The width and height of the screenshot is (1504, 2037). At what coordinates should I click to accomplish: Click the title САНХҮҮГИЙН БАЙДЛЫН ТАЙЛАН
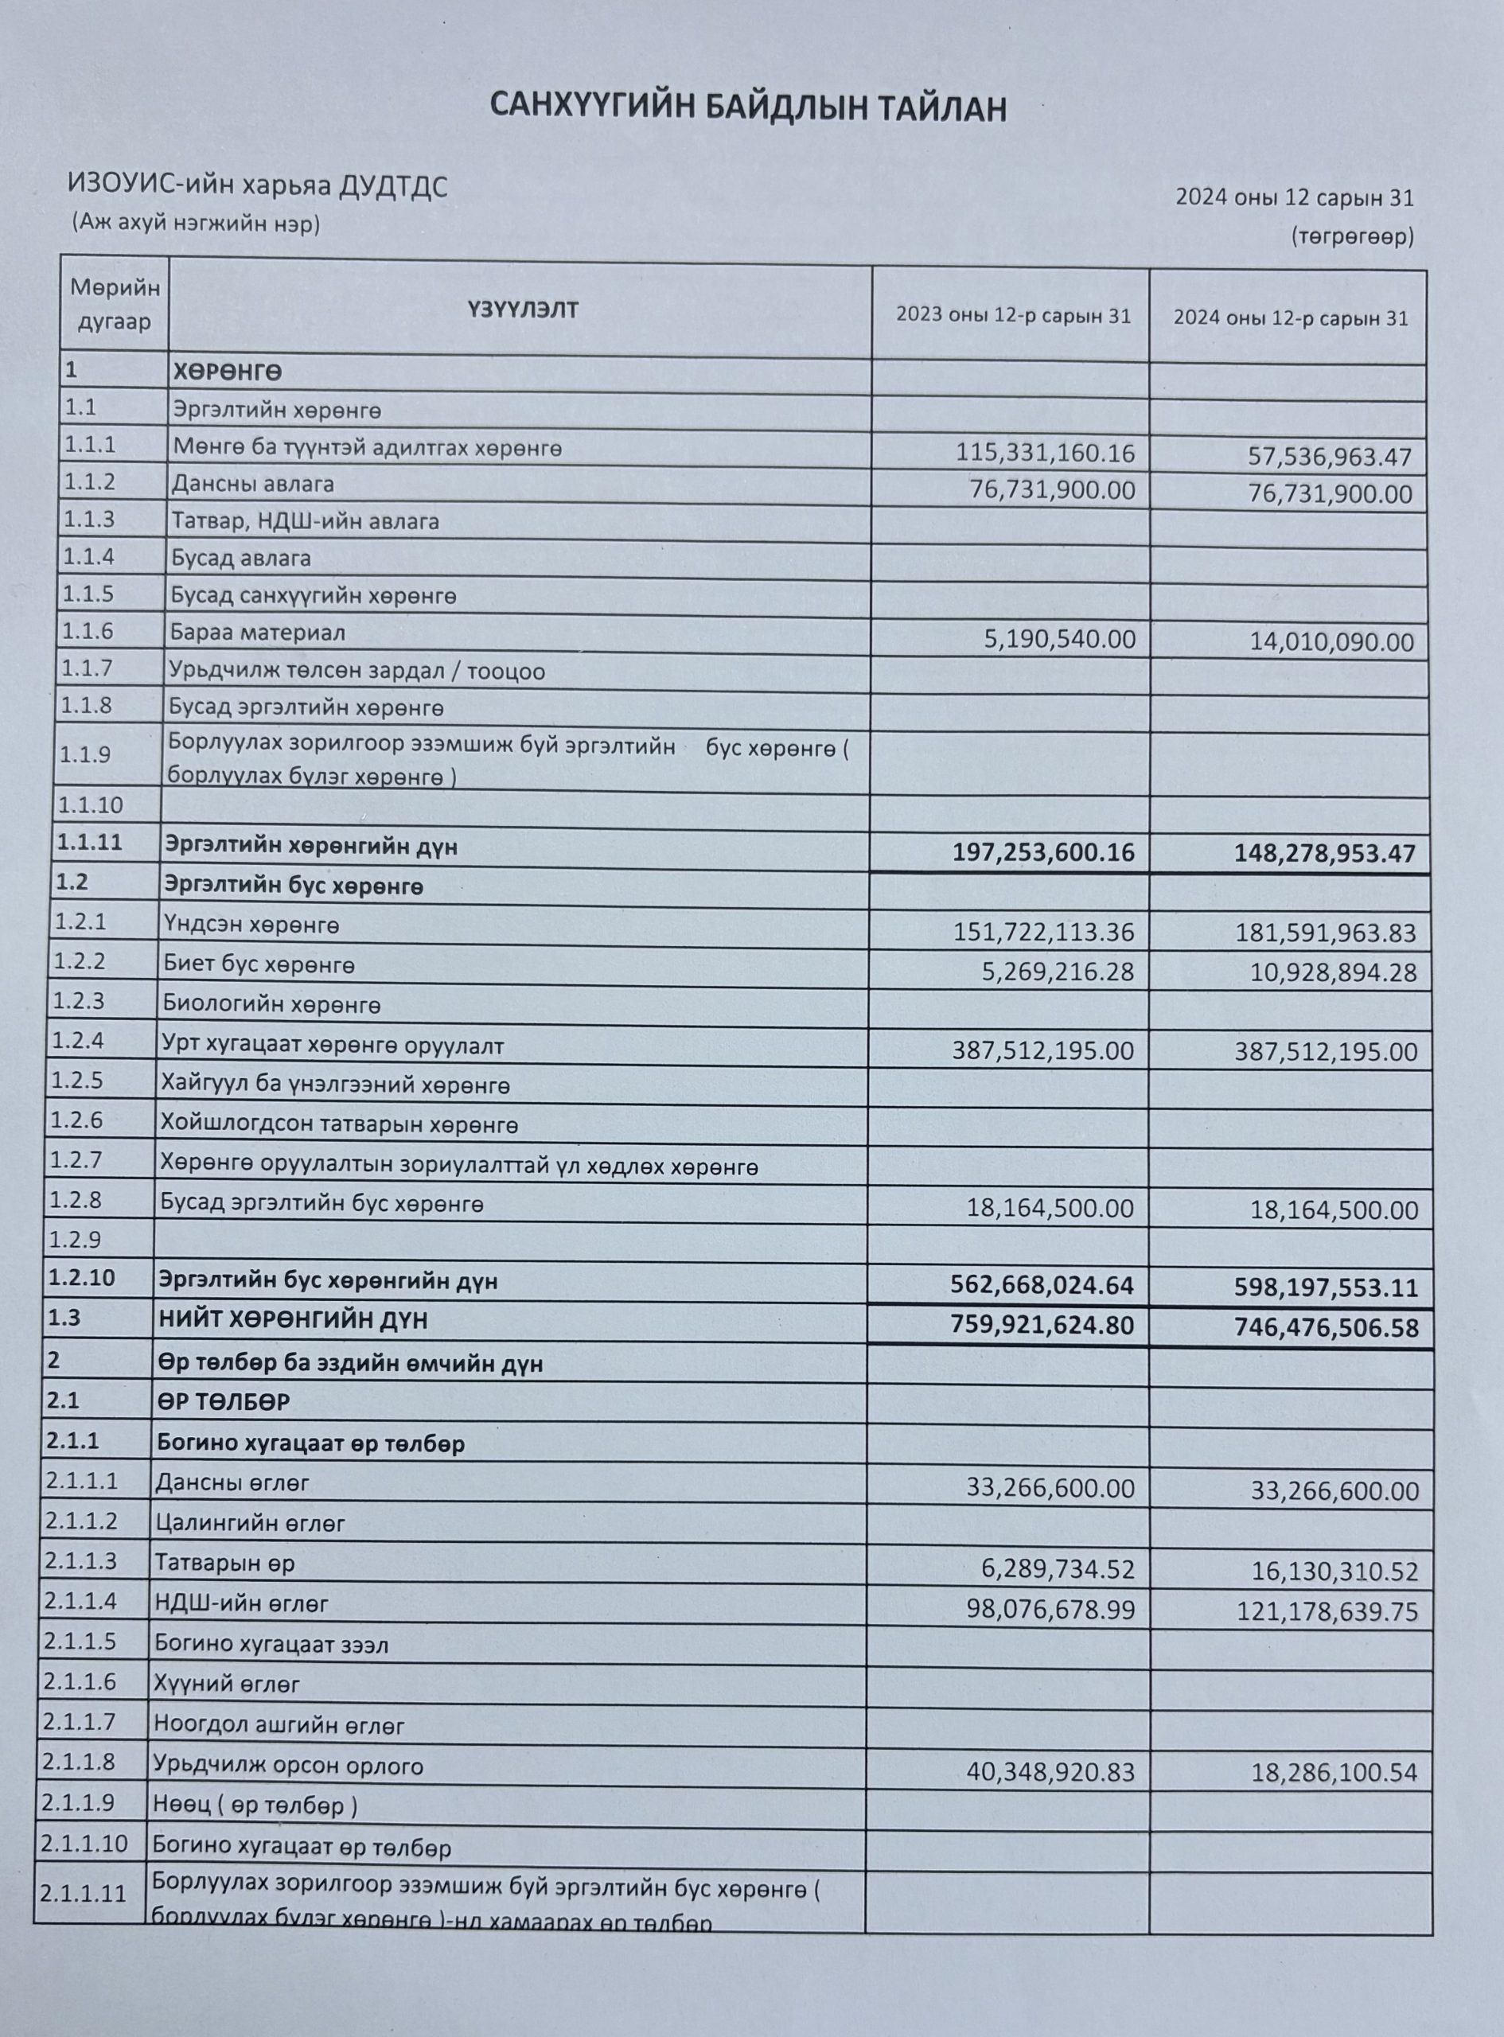tap(747, 107)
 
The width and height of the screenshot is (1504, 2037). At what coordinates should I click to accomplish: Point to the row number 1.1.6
tap(88, 630)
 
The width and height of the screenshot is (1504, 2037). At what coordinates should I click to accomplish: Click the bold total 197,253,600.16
tap(1043, 852)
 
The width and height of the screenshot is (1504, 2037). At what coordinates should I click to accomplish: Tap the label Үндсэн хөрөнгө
tap(251, 925)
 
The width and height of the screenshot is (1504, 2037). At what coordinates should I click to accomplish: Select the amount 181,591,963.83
tap(1326, 933)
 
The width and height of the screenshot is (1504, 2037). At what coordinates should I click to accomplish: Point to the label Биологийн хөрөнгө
tap(271, 1005)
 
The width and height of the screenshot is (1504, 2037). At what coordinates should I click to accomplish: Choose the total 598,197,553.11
tap(1327, 1287)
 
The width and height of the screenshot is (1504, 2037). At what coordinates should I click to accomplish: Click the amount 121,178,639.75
tap(1327, 1612)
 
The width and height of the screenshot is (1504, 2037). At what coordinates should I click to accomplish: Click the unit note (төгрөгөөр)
tap(1351, 236)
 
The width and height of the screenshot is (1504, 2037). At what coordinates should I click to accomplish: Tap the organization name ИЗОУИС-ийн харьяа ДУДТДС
tap(258, 185)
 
